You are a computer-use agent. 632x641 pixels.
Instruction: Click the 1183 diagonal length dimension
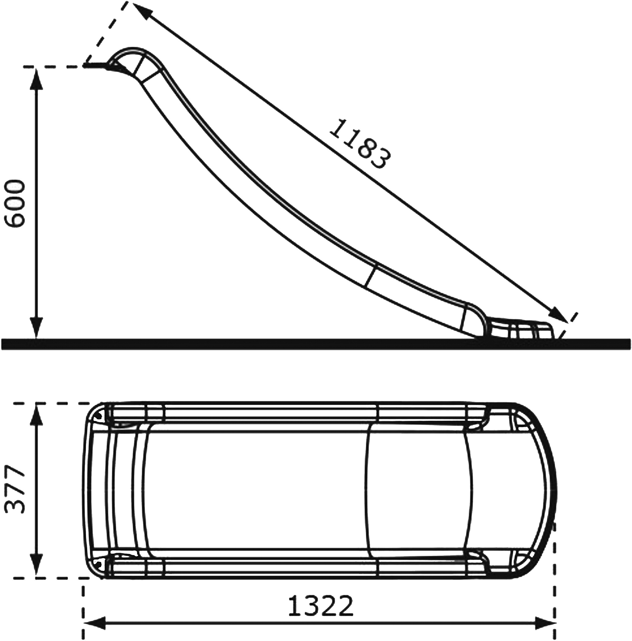(360, 144)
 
